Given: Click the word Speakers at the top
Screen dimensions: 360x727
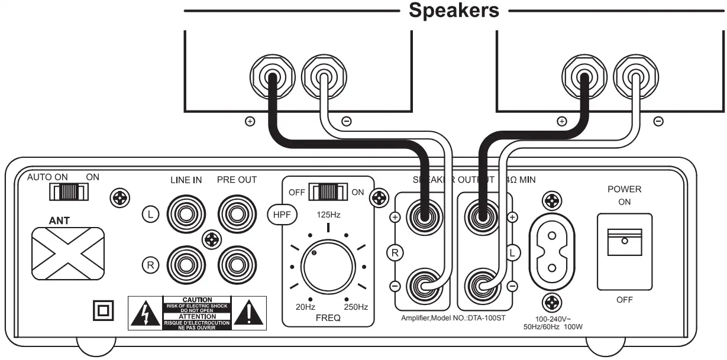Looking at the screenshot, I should click(454, 11).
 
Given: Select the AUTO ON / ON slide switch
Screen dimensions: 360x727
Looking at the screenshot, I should click(69, 192).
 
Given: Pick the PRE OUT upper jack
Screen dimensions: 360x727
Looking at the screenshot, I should click(236, 213).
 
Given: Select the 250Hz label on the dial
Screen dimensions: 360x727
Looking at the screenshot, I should click(356, 307).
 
